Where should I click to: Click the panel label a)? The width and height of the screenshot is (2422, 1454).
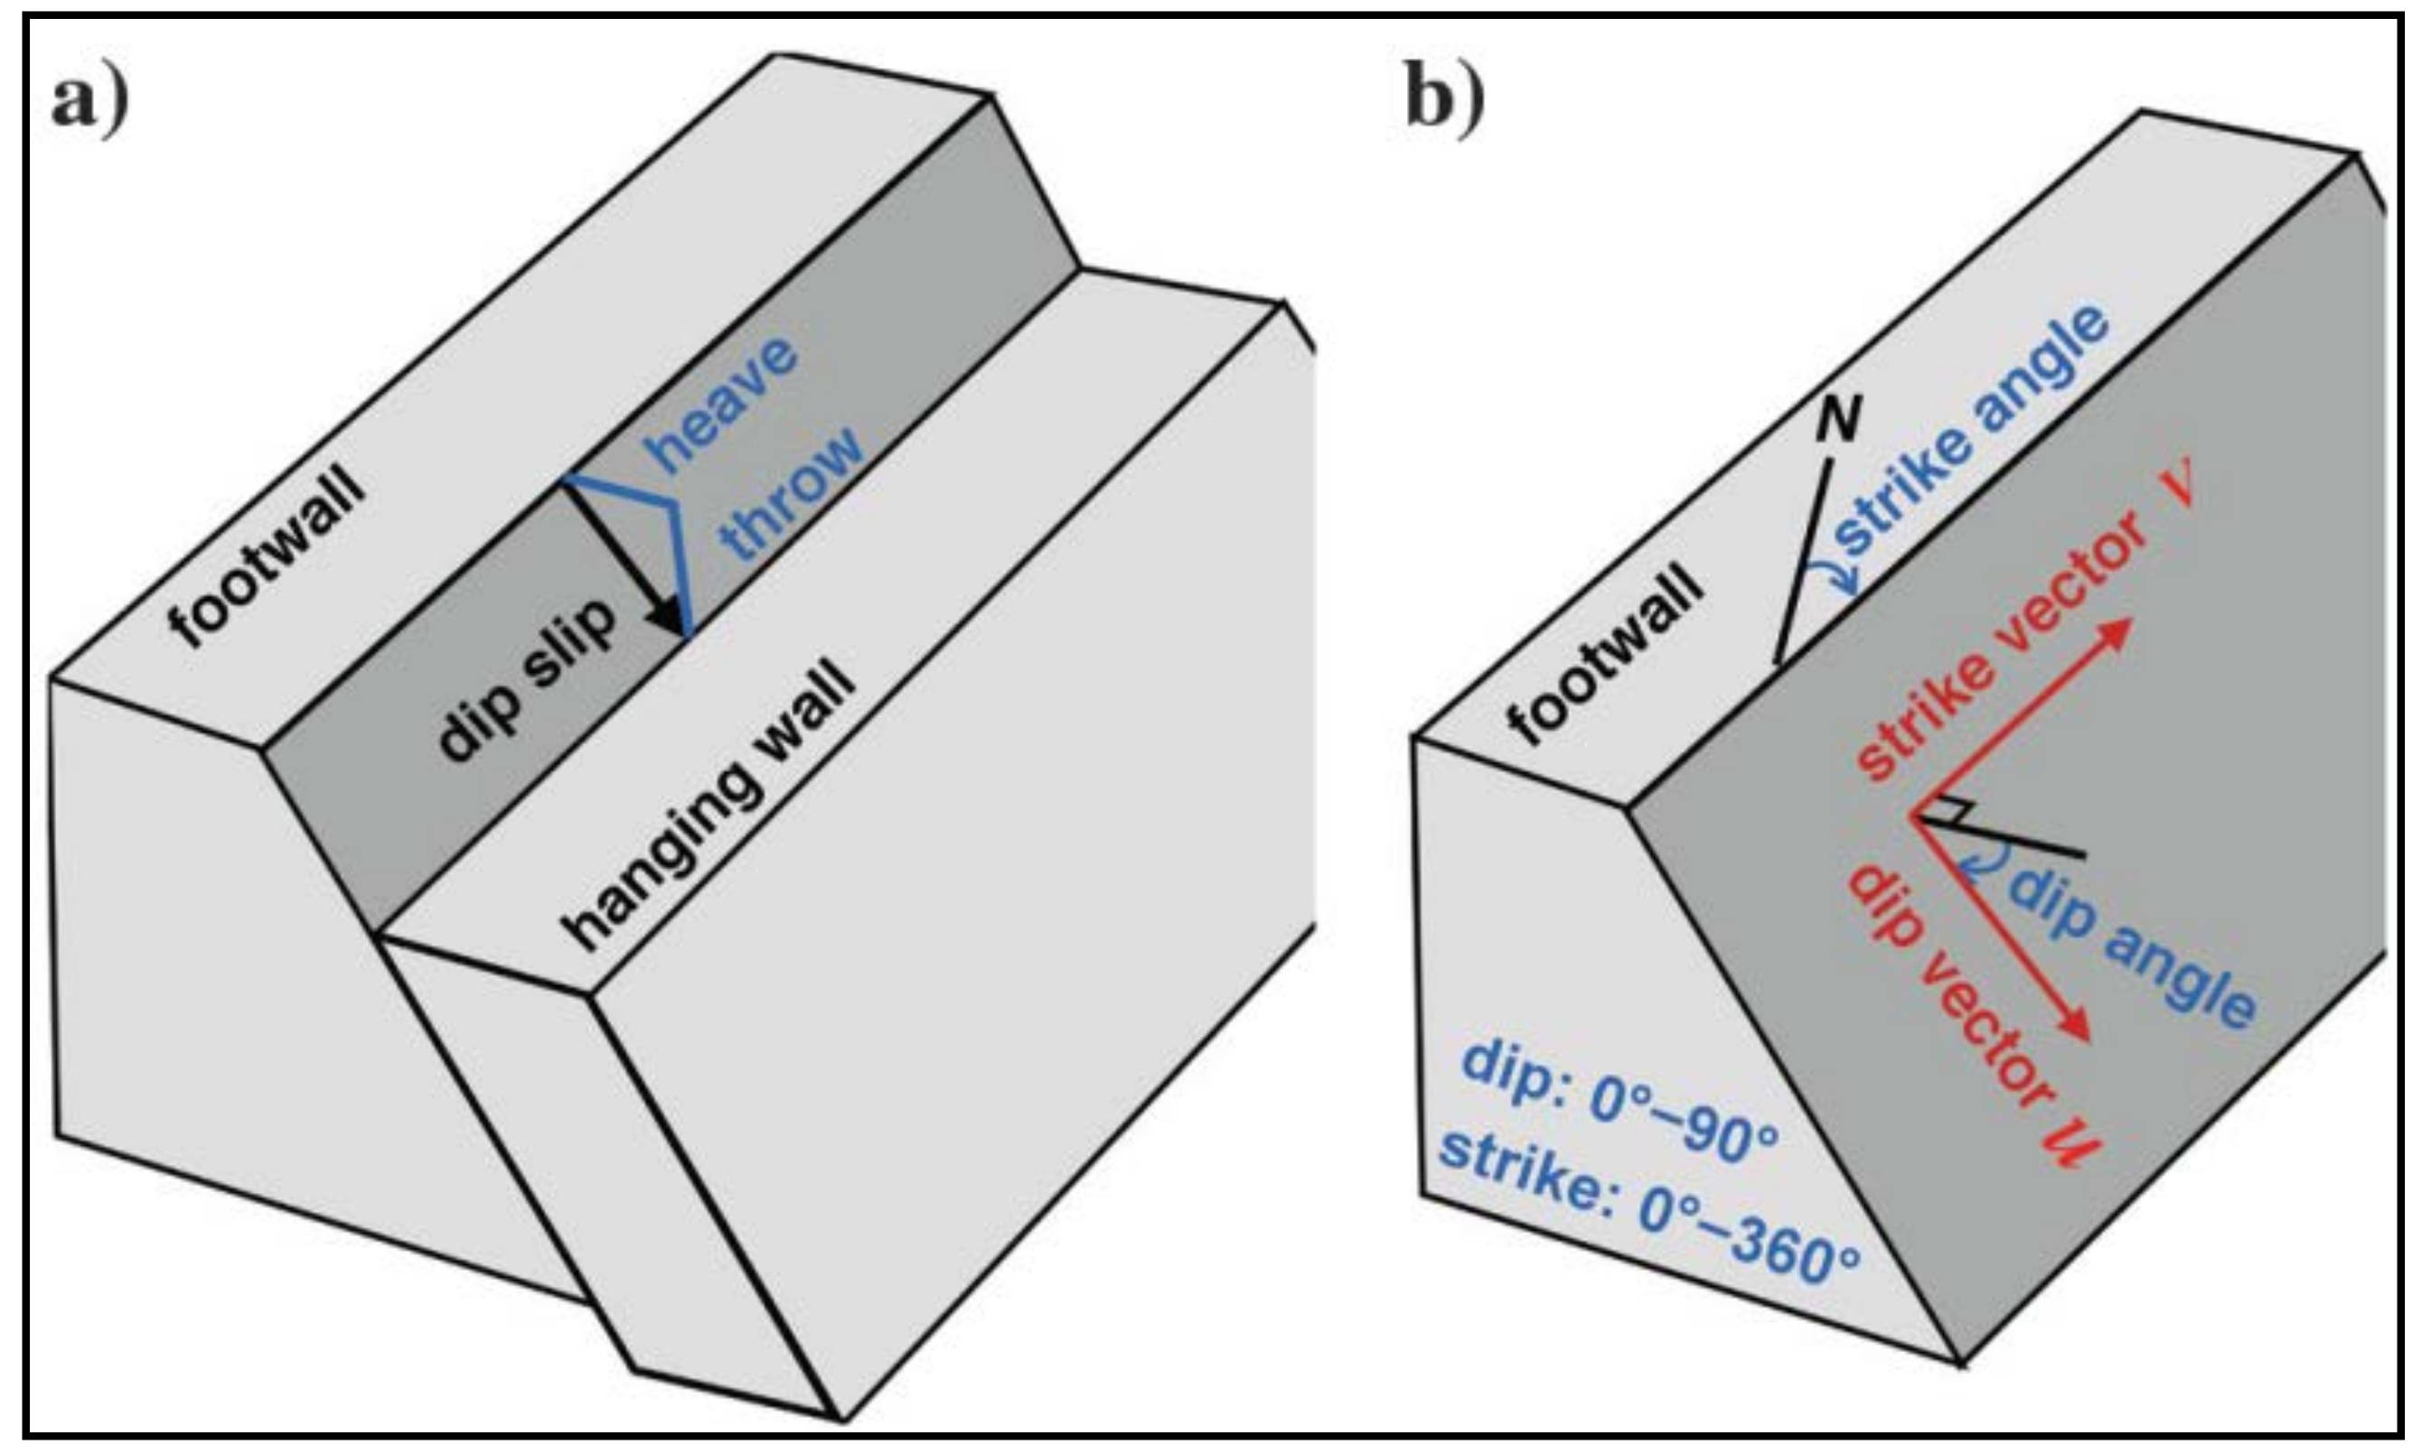pos(90,102)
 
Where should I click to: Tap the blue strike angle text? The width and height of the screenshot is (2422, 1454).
pos(1970,431)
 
